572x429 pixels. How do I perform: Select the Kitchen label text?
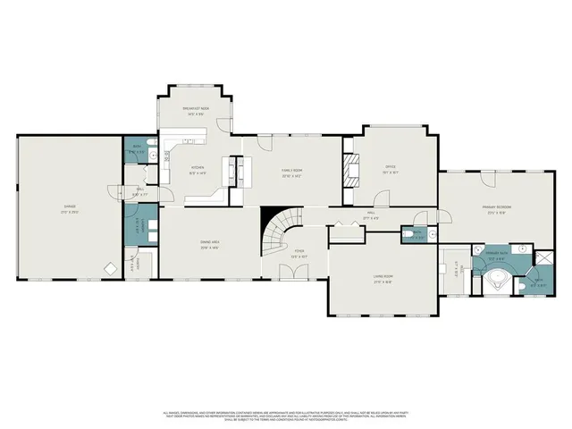(198, 171)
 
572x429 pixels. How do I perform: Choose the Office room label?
(391, 169)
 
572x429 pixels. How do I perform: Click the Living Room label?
(384, 278)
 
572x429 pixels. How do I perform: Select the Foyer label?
(300, 254)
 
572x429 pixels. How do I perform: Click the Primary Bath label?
(496, 256)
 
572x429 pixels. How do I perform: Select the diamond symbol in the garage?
(109, 268)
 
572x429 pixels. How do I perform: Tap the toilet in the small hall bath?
(433, 235)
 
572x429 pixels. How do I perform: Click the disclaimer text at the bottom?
(286, 416)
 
